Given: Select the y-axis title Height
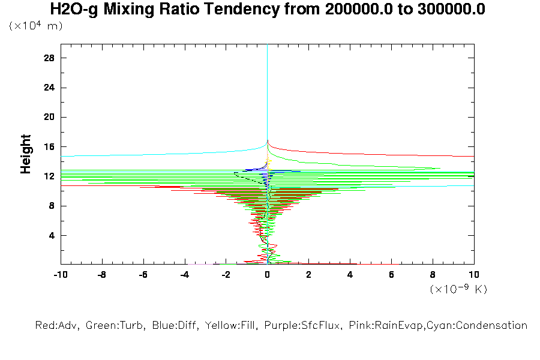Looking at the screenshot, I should click(x=26, y=154).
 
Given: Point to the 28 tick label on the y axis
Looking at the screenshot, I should click(x=49, y=58).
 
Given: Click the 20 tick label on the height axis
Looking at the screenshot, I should click(x=49, y=117).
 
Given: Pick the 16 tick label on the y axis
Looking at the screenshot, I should click(x=49, y=146).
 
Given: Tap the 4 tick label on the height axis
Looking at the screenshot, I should click(x=52, y=235).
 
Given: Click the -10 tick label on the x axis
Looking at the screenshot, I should click(x=60, y=275).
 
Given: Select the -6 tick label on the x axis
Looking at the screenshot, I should click(x=143, y=275).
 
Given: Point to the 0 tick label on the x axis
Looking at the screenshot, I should click(x=267, y=275).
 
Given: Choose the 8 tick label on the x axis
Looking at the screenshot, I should click(x=433, y=275).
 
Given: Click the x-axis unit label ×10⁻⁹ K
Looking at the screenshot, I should click(x=459, y=289).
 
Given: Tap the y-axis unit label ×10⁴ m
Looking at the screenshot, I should click(x=36, y=26).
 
